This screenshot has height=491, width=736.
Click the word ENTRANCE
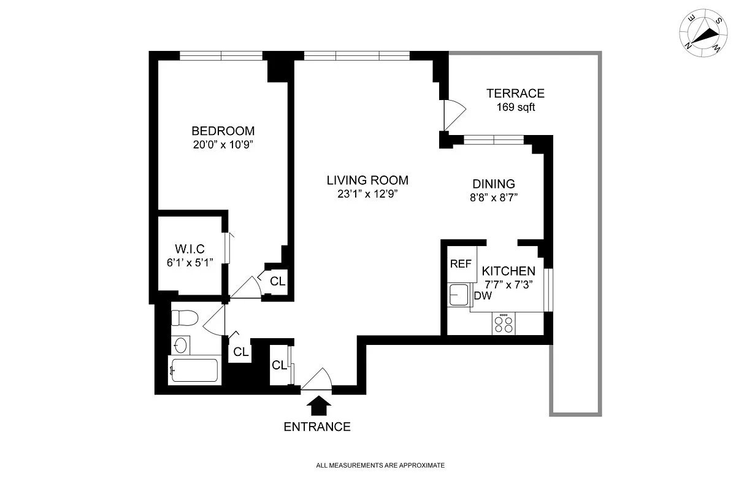click(x=317, y=427)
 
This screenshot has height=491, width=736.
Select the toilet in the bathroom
click(x=183, y=318)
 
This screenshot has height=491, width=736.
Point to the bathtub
click(x=194, y=370)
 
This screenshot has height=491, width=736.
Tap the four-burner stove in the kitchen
click(x=504, y=324)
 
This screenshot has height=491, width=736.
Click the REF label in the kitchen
click(x=461, y=264)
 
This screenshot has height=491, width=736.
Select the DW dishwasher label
click(x=483, y=296)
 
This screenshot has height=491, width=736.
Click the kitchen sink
click(x=458, y=295)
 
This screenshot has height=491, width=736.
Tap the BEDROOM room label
click(x=223, y=131)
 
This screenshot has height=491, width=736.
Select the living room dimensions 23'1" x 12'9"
click(x=367, y=194)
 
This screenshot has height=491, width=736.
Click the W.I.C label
click(x=190, y=248)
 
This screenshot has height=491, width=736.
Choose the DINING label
click(x=493, y=184)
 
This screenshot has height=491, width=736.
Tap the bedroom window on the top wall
click(x=221, y=56)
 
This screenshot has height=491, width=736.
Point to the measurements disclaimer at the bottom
click(x=380, y=465)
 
